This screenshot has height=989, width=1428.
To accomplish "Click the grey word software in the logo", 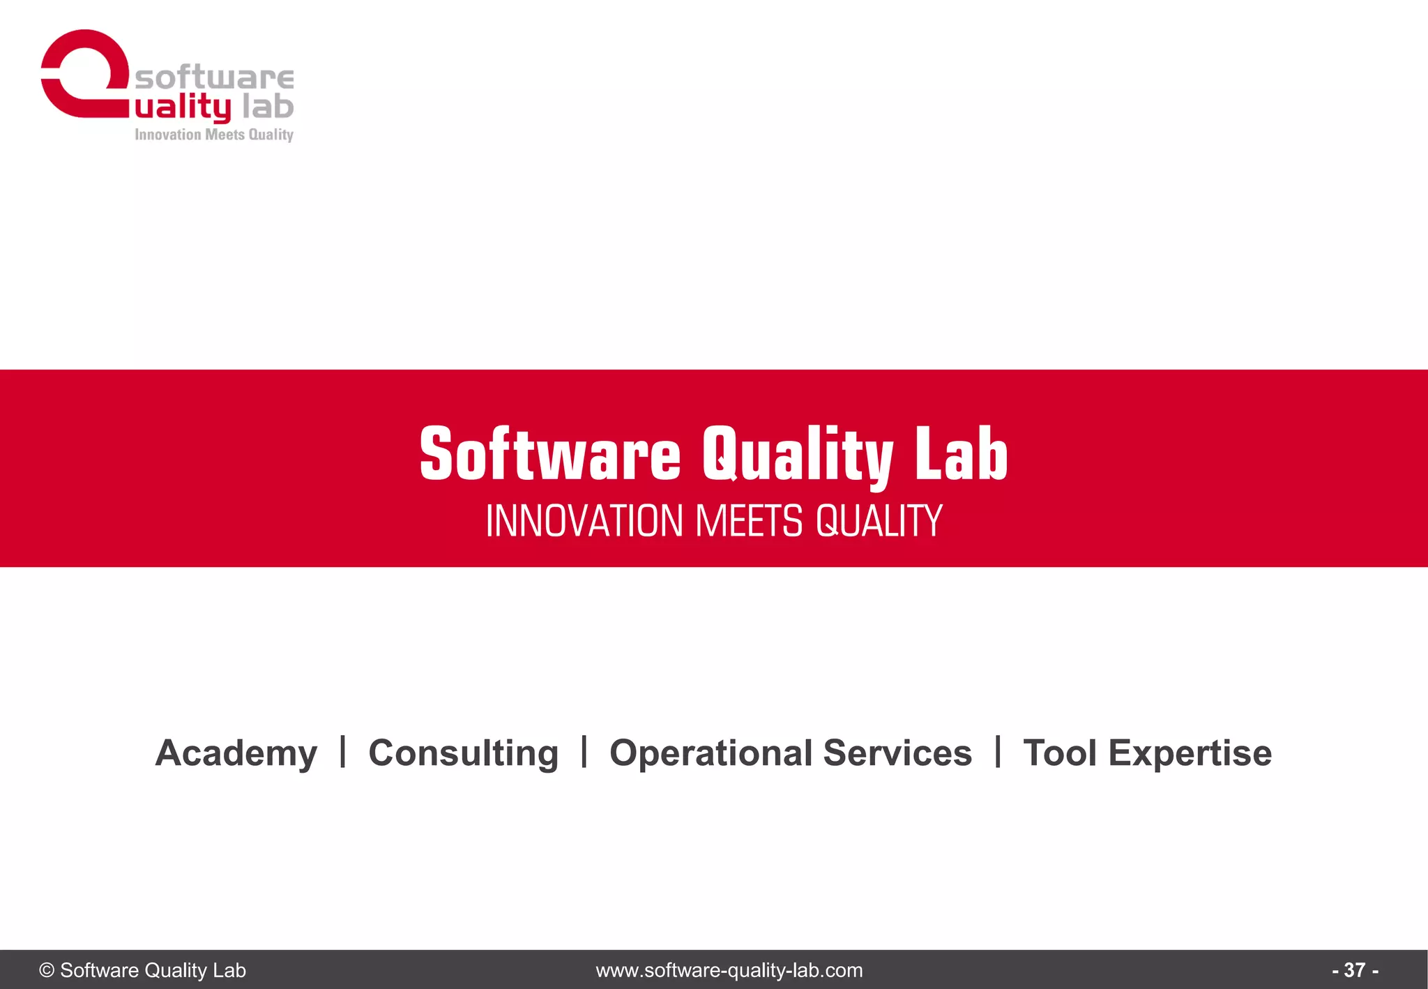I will tap(214, 77).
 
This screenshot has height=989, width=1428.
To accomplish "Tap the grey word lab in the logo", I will tap(268, 107).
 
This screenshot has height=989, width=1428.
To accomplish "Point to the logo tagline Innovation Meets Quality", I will tap(214, 135).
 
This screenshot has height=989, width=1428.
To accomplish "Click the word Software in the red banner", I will tap(550, 455).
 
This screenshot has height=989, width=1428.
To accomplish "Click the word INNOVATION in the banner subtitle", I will tap(584, 521).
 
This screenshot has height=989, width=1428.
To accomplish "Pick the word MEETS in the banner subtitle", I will tap(750, 521).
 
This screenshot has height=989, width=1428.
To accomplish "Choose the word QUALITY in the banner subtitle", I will tap(879, 521).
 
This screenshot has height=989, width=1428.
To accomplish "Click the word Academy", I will tap(236, 753).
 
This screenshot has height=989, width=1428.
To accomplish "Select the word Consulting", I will tap(464, 753).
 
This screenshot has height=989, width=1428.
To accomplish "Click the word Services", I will tap(897, 753).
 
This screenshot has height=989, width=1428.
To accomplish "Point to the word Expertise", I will tap(1190, 753).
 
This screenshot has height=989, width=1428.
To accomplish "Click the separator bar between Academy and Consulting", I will tap(343, 752).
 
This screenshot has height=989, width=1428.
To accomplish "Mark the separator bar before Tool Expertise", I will tap(998, 752).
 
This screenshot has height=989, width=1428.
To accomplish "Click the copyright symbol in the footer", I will tap(47, 970).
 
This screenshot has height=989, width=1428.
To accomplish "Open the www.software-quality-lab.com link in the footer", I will tap(729, 970).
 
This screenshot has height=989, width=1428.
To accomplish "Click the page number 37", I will tap(1354, 970).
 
